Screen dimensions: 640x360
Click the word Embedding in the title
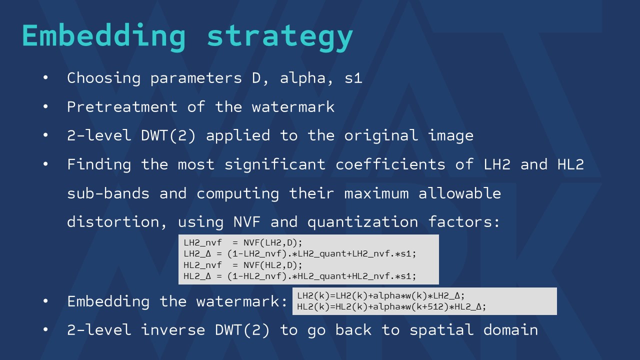pyautogui.click(x=104, y=36)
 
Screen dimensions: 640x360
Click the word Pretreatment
pyautogui.click(x=122, y=107)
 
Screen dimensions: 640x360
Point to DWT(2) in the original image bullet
pyautogui.click(x=168, y=135)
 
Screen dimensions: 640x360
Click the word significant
pyautogui.click(x=275, y=164)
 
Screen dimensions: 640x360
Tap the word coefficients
pyautogui.click(x=390, y=164)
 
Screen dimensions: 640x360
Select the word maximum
pyautogui.click(x=376, y=193)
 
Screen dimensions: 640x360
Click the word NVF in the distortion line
pyautogui.click(x=247, y=222)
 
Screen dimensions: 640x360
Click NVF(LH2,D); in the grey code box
pyautogui.click(x=273, y=242)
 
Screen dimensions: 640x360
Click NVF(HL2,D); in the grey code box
pyautogui.click(x=273, y=265)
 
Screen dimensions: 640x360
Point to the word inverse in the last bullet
pyautogui.click(x=173, y=330)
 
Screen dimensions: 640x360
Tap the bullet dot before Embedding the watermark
pyautogui.click(x=45, y=301)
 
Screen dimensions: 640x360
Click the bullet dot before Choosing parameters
pyautogui.click(x=45, y=77)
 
